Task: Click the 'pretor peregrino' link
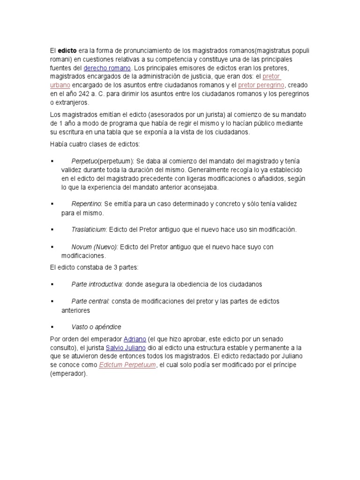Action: pyautogui.click(x=261, y=85)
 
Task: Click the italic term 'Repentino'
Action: pyautogui.click(x=86, y=204)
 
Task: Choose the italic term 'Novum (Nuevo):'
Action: pyautogui.click(x=95, y=247)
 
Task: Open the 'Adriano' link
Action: pyautogui.click(x=135, y=339)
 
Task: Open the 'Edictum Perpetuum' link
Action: pyautogui.click(x=127, y=365)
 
